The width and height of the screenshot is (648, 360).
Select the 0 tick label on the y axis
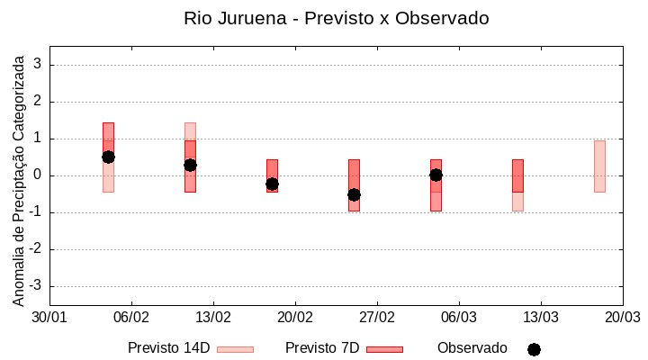[38, 175]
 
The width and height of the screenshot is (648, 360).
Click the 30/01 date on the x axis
[49, 318]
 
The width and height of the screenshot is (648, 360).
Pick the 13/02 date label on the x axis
[213, 318]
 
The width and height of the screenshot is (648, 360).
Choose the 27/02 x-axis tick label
[377, 318]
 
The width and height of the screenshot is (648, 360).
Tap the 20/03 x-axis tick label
[622, 318]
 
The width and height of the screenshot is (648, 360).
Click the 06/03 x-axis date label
[459, 318]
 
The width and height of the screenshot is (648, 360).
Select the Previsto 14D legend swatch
[235, 349]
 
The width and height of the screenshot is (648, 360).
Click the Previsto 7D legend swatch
[384, 349]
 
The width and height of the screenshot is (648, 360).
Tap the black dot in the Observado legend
[534, 349]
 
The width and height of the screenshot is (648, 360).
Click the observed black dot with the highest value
[108, 157]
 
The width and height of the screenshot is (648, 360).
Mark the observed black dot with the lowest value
[354, 194]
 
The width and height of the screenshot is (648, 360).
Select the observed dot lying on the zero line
[436, 175]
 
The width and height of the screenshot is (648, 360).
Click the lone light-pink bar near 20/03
[599, 166]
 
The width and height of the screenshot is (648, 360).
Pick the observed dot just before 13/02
[190, 165]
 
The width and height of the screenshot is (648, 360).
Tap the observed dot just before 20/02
[272, 184]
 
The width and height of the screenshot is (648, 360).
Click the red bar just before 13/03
[517, 175]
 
